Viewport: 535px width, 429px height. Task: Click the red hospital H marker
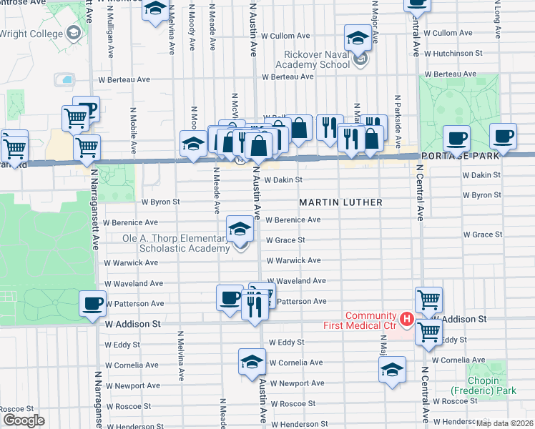pyautogui.click(x=406, y=319)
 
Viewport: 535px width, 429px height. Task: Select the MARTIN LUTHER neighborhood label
pyautogui.click(x=340, y=202)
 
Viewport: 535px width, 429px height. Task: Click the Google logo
pyautogui.click(x=24, y=420)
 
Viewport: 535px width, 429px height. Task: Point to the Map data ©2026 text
pyautogui.click(x=504, y=423)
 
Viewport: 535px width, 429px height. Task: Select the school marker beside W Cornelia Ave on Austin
pyautogui.click(x=252, y=362)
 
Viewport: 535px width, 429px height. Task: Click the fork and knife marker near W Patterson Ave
pyautogui.click(x=255, y=307)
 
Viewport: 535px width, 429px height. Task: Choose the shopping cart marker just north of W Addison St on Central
pyautogui.click(x=428, y=300)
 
